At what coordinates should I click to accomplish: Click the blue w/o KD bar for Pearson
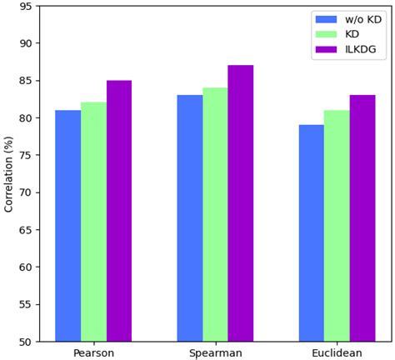(67, 225)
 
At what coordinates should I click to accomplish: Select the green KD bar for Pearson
(93, 222)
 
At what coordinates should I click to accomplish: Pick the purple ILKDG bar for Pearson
(119, 211)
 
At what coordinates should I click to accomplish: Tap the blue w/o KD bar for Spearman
(189, 218)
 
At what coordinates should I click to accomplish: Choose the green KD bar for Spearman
(215, 214)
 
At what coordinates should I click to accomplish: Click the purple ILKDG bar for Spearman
(241, 203)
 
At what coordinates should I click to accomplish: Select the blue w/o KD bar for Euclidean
(312, 232)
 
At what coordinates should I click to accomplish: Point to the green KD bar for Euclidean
(337, 225)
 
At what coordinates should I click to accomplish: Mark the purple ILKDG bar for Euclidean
(362, 218)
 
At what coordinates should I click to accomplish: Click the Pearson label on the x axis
(93, 352)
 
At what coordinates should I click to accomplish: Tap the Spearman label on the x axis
(215, 352)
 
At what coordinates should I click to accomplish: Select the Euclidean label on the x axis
(337, 352)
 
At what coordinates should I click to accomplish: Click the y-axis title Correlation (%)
(9, 174)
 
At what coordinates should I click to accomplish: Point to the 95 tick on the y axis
(26, 7)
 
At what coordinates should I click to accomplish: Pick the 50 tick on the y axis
(26, 342)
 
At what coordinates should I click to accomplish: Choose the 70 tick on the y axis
(26, 192)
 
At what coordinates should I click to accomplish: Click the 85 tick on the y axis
(26, 81)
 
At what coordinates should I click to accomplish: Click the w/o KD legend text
(363, 19)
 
